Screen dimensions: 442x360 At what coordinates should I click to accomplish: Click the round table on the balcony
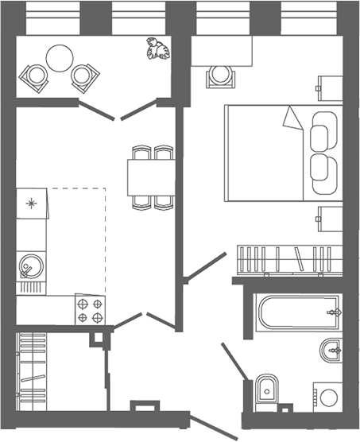click(x=60, y=56)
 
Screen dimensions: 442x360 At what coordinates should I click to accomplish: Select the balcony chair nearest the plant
click(x=85, y=76)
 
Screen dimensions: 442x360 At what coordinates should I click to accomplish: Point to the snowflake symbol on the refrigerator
click(x=32, y=203)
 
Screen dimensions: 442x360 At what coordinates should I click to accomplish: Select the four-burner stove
click(x=91, y=308)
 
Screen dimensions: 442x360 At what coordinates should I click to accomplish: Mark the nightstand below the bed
click(x=328, y=216)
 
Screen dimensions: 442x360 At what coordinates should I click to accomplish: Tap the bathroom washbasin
click(x=331, y=348)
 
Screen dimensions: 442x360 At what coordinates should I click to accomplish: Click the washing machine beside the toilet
click(x=326, y=395)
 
